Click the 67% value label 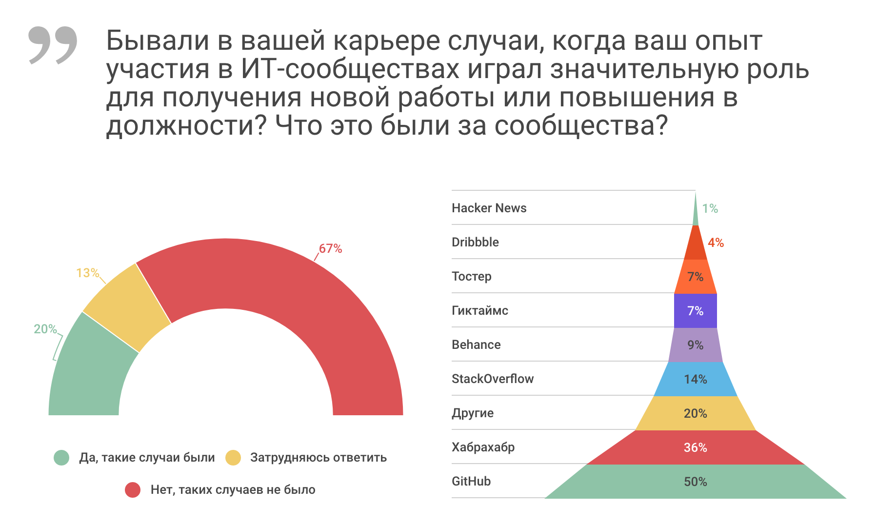330,249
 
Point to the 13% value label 87,273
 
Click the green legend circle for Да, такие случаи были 61,458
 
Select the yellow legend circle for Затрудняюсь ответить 233,458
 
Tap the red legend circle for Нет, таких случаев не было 133,490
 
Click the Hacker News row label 489,208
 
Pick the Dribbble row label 475,243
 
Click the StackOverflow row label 493,379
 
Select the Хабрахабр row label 483,447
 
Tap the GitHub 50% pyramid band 695,482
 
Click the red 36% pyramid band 695,447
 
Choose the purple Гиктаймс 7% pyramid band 695,311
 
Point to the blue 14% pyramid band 695,379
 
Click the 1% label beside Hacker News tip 710,209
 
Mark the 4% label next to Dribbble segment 716,243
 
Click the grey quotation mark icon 53,45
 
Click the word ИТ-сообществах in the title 350,69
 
